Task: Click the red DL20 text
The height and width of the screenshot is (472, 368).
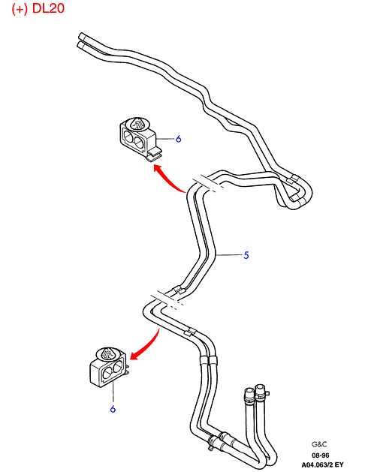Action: [x=48, y=8]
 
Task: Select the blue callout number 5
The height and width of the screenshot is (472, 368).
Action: [x=246, y=255]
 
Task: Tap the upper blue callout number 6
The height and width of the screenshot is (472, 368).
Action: [x=179, y=139]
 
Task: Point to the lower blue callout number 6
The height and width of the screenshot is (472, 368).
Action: [x=113, y=409]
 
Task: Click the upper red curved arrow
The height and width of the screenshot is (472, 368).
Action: [x=167, y=179]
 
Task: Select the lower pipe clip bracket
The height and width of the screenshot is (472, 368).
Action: [x=109, y=368]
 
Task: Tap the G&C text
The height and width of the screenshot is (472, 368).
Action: [x=319, y=444]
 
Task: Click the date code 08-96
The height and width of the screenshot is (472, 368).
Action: [x=321, y=455]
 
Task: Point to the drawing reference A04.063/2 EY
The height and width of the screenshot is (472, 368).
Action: [x=322, y=464]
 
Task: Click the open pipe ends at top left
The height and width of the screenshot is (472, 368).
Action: [x=83, y=41]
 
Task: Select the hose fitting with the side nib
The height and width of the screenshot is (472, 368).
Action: [x=261, y=391]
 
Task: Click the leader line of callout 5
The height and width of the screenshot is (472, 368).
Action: [x=230, y=255]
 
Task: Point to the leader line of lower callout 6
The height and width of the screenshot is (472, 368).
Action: [x=113, y=391]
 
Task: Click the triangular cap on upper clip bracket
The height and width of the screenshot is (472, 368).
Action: [x=138, y=124]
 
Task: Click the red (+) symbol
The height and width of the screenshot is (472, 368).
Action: [x=20, y=8]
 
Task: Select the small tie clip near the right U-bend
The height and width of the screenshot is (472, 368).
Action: [x=292, y=179]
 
